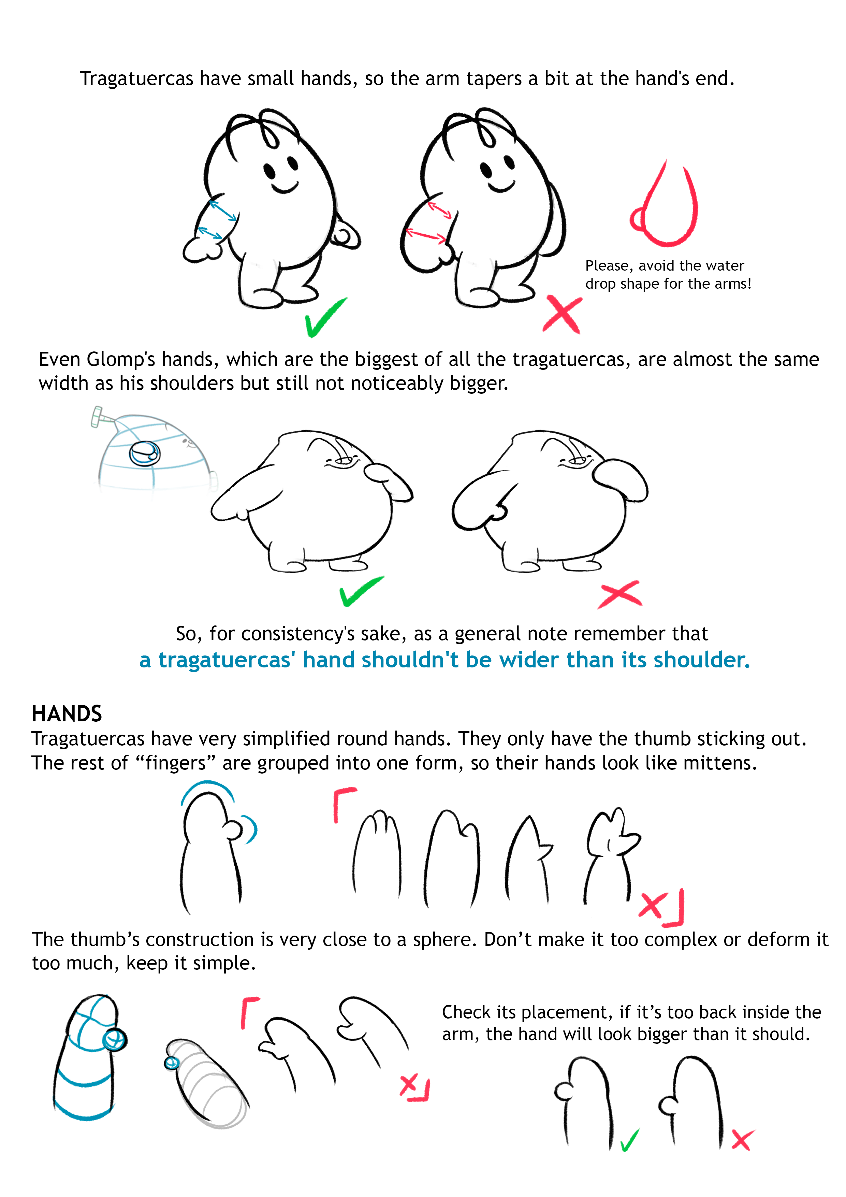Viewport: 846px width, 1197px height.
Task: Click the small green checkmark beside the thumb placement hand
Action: pyautogui.click(x=630, y=1140)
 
